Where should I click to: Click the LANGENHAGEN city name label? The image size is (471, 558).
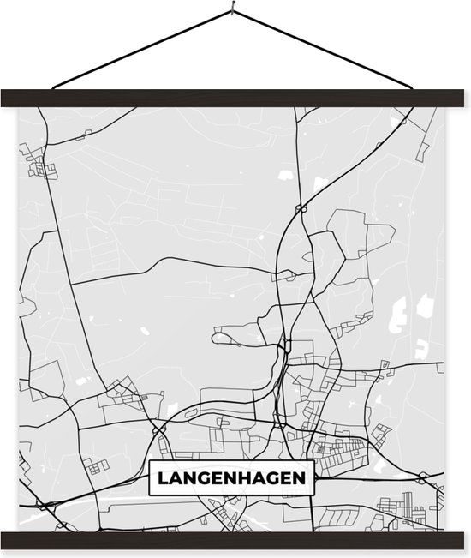click(231, 478)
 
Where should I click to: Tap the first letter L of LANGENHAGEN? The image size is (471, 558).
click(161, 478)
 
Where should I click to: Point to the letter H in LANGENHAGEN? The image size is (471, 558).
click(247, 478)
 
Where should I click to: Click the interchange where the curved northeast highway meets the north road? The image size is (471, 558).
click(301, 207)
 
